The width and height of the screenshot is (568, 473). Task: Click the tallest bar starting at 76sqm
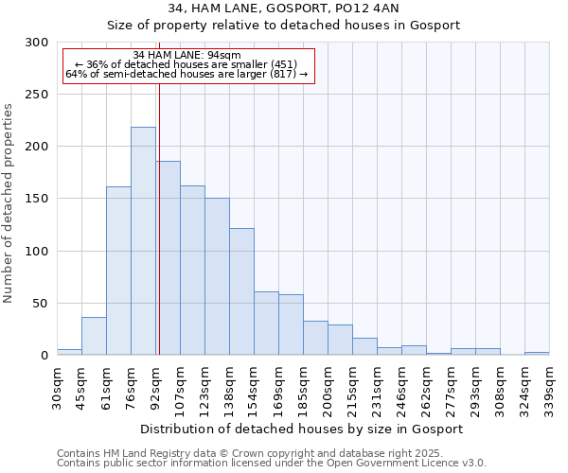point(143,241)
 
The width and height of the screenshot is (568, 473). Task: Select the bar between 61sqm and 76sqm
point(118,271)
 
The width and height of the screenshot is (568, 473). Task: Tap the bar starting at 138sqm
point(241,291)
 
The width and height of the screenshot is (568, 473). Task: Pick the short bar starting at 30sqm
point(69,352)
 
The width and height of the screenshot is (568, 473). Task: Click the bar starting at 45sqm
point(94,336)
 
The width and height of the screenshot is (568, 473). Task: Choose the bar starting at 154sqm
point(266,324)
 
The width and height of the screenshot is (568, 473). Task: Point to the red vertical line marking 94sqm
point(159,236)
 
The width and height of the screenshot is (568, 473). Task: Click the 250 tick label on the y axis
point(36,95)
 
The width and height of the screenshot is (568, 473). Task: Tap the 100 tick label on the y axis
point(36,252)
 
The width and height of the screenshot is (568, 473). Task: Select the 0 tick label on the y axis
point(44,356)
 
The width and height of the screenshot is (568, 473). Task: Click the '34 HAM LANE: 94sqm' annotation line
point(187,55)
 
